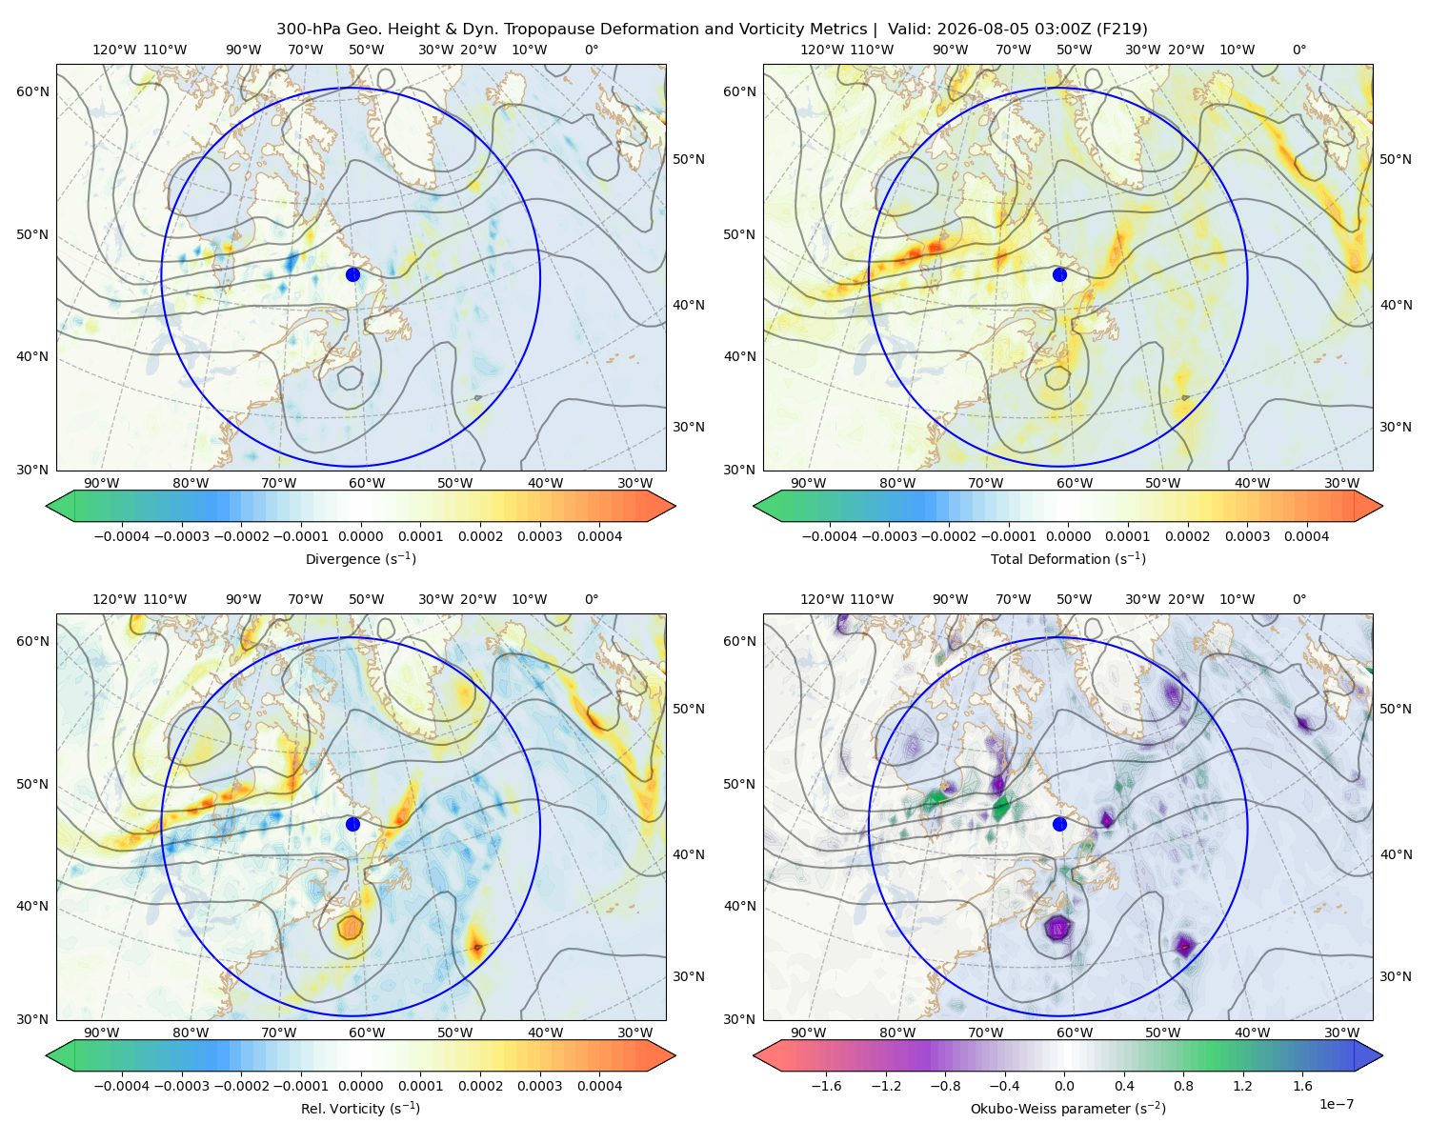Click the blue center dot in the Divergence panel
(352, 274)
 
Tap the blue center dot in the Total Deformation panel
(1059, 274)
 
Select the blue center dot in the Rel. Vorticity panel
(352, 824)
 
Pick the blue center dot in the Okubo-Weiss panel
(1059, 824)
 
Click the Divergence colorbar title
(360, 559)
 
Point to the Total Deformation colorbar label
(1068, 559)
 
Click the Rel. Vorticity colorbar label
(360, 1109)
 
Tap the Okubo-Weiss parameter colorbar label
(1068, 1109)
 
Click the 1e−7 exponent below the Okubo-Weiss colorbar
(1336, 1104)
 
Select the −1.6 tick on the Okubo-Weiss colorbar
(826, 1086)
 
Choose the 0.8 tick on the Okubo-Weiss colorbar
(1183, 1086)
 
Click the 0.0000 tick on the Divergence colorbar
(360, 536)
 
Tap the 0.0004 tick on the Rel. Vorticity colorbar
(599, 1086)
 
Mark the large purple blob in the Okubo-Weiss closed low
(1057, 927)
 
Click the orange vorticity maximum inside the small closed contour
(350, 926)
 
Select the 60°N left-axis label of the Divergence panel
(33, 91)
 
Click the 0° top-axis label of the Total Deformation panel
(1299, 50)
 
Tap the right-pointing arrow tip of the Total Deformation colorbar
(1382, 506)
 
